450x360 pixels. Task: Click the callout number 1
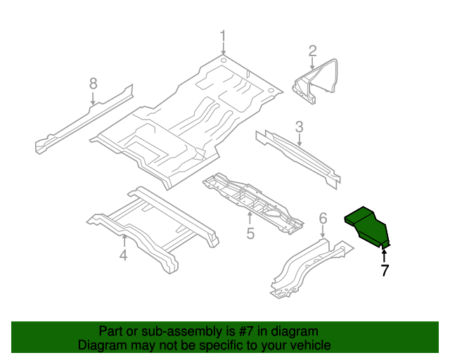pyautogui.click(x=223, y=37)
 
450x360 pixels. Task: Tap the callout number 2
pyautogui.click(x=312, y=51)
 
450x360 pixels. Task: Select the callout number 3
pyautogui.click(x=299, y=127)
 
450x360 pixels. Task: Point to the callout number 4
pyautogui.click(x=124, y=255)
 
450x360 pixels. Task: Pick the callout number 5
pyautogui.click(x=250, y=233)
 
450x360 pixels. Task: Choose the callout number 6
pyautogui.click(x=323, y=219)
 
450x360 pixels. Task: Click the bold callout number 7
pyautogui.click(x=385, y=270)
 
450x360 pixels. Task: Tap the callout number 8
pyautogui.click(x=94, y=84)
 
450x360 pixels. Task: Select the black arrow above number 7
pyautogui.click(x=384, y=256)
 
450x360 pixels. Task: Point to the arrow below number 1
pyautogui.click(x=224, y=49)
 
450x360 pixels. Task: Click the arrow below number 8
pyautogui.click(x=93, y=98)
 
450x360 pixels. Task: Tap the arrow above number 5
pyautogui.click(x=250, y=218)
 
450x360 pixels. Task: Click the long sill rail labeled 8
pyautogui.click(x=84, y=119)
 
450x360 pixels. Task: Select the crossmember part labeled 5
pyautogui.click(x=252, y=203)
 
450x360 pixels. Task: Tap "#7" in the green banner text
pyautogui.click(x=246, y=331)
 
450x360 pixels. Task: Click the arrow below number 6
pyautogui.click(x=323, y=231)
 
